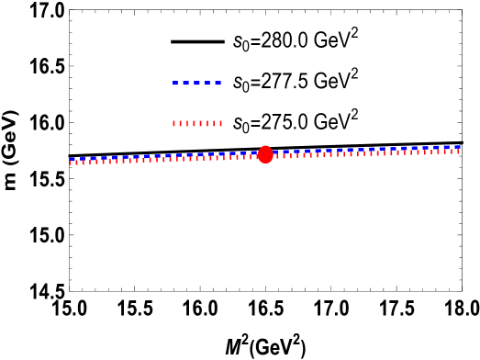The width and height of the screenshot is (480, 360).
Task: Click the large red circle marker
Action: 265,154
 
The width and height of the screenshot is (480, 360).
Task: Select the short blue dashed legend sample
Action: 196,83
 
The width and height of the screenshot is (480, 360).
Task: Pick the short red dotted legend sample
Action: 196,123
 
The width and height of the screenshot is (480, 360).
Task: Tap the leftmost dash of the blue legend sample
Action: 175,83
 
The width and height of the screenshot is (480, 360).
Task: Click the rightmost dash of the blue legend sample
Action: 218,83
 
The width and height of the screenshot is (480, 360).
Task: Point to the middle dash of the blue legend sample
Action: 196,83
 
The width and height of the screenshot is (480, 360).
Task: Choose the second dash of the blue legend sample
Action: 186,83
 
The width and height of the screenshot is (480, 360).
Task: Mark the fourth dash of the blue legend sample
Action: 207,83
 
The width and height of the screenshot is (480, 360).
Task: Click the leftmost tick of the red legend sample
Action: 173,123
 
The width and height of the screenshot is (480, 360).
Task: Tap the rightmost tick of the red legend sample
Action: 220,123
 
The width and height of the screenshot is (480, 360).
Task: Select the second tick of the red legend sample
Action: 180,123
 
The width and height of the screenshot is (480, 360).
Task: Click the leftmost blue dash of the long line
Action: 73,160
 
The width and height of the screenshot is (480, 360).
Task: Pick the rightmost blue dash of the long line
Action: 457,146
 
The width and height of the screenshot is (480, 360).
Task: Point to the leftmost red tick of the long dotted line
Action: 71,163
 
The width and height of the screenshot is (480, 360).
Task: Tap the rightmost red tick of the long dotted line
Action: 459,151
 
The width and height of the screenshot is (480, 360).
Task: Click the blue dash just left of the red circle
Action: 254,152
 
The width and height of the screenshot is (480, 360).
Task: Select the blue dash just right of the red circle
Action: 275,152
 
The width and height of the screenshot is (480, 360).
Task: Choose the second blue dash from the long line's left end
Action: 83,159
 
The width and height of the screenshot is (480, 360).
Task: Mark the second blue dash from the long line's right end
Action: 447,147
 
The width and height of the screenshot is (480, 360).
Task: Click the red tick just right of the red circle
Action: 278,156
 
